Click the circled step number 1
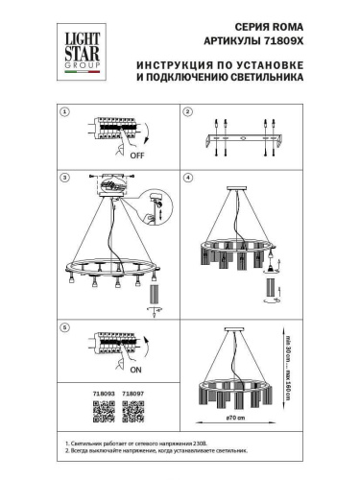pos(65,112)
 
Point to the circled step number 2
pos(189,112)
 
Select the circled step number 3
pos(65,179)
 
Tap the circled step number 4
pos(189,179)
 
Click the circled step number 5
pos(65,327)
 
